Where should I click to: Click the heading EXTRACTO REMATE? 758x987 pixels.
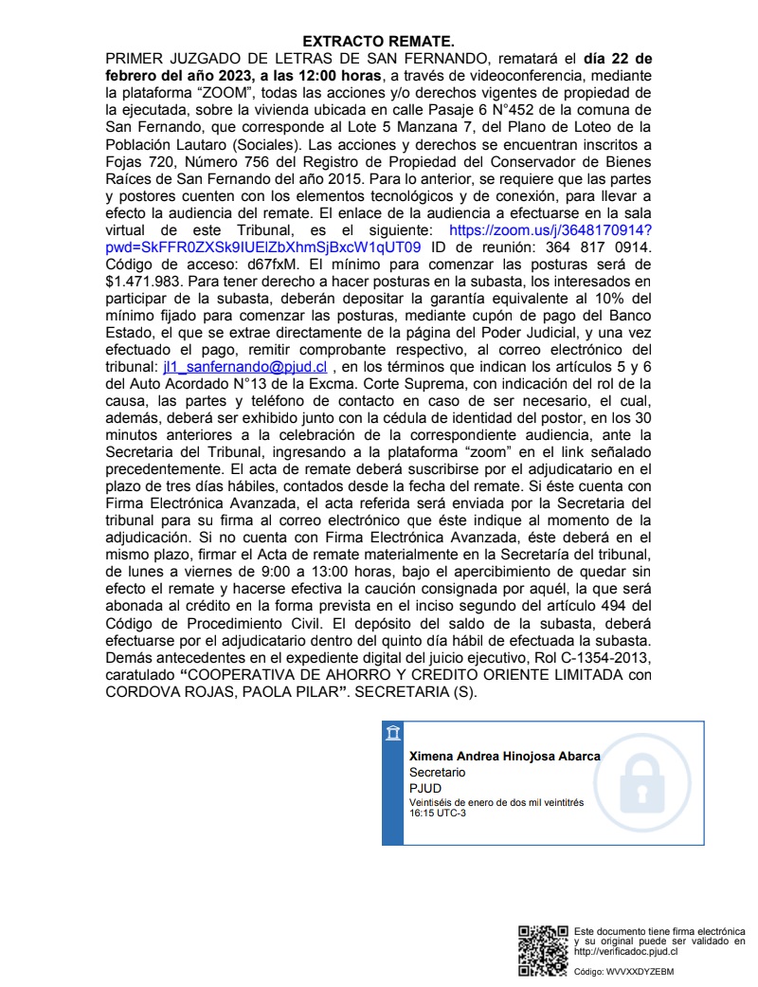coord(379,42)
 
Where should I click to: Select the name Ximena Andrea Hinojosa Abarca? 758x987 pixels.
coord(504,757)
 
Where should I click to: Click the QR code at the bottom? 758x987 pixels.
coord(543,950)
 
